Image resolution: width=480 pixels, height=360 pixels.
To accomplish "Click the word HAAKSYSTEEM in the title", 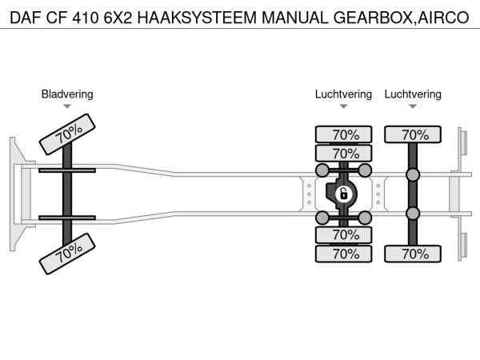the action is click(197, 18).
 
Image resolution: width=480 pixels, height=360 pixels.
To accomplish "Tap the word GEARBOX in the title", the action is click(373, 18).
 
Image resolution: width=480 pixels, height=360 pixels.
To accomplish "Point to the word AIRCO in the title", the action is click(443, 18).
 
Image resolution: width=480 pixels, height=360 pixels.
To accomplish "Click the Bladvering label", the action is click(67, 94).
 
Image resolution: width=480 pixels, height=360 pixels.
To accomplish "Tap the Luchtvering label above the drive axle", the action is click(343, 94).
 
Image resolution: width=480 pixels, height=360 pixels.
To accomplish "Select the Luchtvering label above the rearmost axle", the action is click(413, 94).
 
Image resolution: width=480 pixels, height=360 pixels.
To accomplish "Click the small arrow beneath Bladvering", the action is click(67, 106).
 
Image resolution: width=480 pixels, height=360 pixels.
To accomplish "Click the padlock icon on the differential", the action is click(343, 194).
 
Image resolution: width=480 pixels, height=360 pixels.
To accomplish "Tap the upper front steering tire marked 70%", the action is click(67, 134).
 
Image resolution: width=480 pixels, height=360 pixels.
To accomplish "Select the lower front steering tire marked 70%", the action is click(67, 254).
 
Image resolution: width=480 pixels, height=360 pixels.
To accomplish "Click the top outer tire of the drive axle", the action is click(343, 134).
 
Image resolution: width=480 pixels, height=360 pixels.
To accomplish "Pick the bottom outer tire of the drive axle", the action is click(343, 254).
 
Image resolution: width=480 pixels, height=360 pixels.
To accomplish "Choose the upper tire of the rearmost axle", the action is click(413, 134).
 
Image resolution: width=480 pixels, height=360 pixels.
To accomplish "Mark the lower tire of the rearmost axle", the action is click(413, 254).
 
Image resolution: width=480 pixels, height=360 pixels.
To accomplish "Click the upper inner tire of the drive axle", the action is click(343, 154).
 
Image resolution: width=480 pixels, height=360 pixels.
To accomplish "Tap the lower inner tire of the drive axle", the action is click(343, 234).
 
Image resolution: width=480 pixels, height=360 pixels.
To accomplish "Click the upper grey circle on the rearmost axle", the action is click(413, 174).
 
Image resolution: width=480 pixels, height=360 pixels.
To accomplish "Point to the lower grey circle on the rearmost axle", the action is click(413, 214).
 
